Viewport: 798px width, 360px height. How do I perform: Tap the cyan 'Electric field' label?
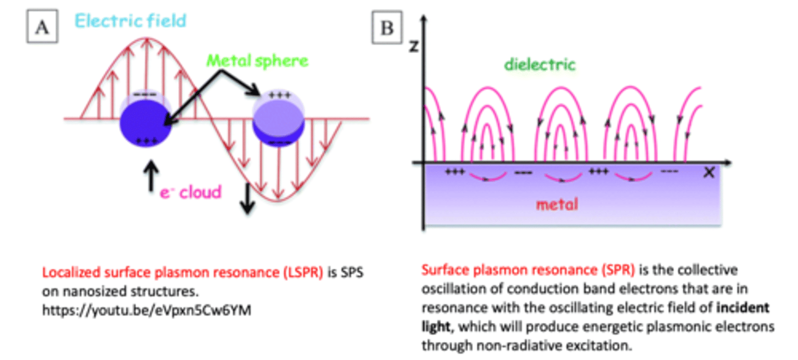[130, 21]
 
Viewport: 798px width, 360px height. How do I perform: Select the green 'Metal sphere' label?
[257, 60]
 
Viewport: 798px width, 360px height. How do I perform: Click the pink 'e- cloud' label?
[190, 192]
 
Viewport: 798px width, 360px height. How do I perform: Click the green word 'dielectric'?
[540, 65]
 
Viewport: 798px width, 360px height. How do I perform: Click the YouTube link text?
[147, 311]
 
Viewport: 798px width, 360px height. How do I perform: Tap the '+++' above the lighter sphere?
[279, 95]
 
